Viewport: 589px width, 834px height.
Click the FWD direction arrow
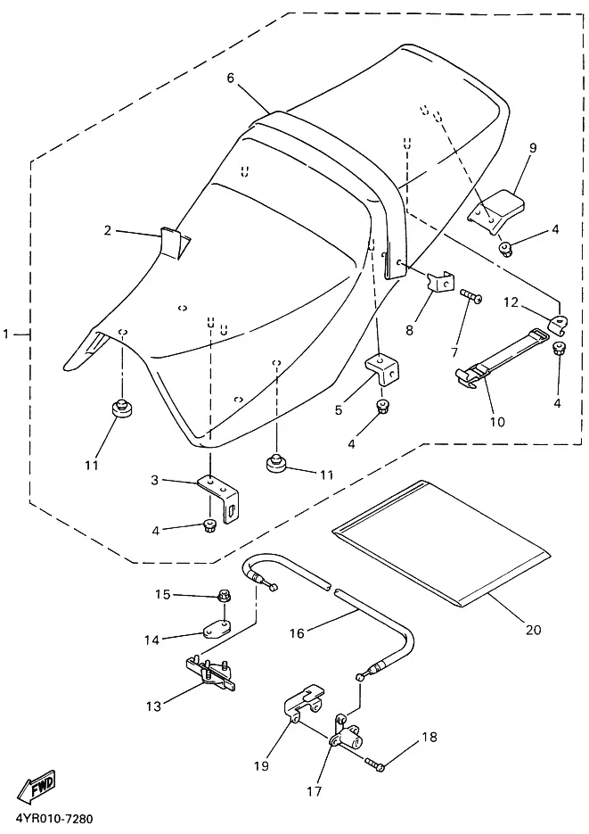(x=37, y=787)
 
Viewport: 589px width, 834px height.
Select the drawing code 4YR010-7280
(x=51, y=818)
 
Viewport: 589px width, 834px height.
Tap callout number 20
(x=533, y=629)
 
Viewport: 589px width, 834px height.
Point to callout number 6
(x=230, y=78)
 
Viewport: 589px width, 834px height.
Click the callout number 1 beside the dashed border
(x=6, y=334)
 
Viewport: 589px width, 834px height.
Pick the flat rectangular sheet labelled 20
(x=440, y=542)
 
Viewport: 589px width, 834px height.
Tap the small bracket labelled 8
(x=441, y=281)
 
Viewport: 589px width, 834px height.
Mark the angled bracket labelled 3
(x=220, y=498)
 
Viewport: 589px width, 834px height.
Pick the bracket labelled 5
(x=383, y=367)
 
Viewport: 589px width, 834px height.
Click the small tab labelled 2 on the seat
(x=175, y=242)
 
